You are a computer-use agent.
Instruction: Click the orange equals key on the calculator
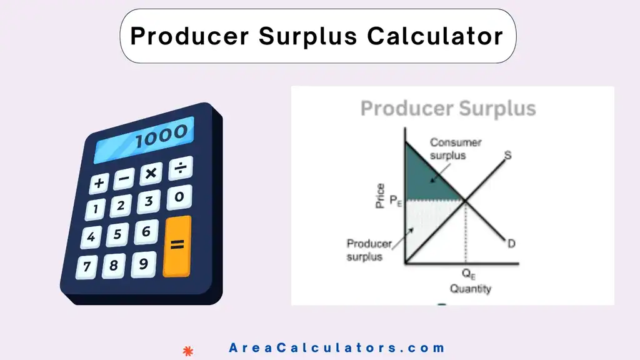pos(177,246)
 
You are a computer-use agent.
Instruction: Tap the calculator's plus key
pos(99,183)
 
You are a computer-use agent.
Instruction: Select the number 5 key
pos(118,236)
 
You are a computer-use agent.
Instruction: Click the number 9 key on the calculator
pos(143,263)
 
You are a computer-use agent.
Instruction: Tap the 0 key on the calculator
pos(179,197)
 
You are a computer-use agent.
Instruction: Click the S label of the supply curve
pos(507,155)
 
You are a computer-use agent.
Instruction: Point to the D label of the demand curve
pos(511,243)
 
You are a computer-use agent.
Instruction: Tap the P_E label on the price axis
pos(395,201)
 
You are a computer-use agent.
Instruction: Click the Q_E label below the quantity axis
pos(468,273)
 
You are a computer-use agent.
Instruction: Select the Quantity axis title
pos(470,289)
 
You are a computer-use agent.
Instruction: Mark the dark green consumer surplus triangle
pos(425,178)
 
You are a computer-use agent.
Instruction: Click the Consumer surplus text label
pos(455,149)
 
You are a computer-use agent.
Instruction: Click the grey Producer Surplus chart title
pos(448,108)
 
